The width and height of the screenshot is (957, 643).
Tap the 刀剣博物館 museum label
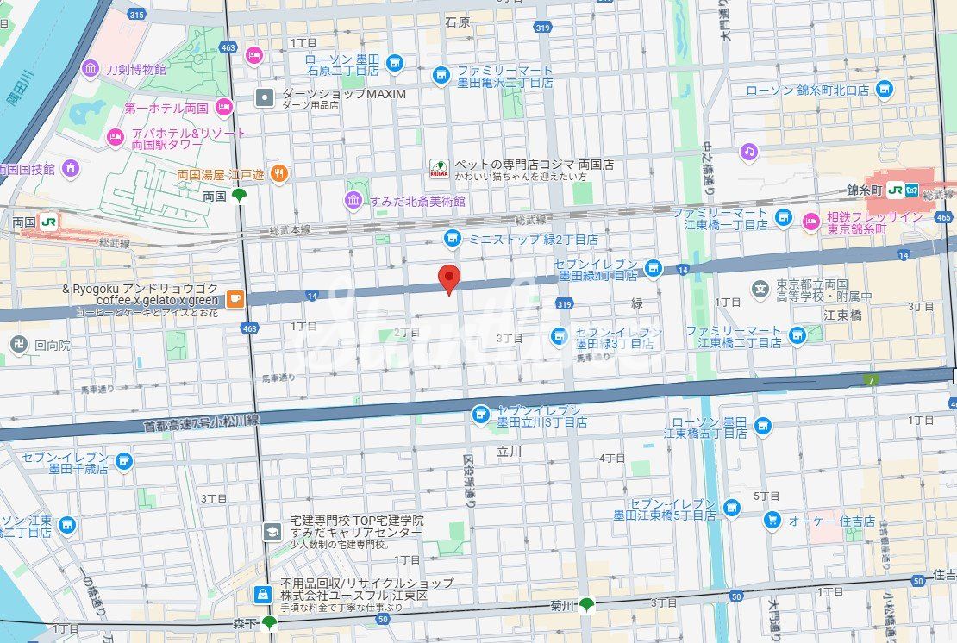point(135,69)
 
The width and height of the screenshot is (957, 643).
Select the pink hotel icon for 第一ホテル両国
point(224,108)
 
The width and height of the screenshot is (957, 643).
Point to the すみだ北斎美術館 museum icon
point(353,201)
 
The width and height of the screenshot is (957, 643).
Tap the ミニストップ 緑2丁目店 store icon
point(451,238)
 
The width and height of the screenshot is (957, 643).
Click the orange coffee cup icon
point(235,299)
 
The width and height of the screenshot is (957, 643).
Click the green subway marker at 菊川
point(587,604)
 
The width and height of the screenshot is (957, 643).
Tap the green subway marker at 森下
point(270,622)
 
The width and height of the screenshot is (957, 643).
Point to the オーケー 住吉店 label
point(832,521)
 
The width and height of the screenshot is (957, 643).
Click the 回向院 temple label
point(52,344)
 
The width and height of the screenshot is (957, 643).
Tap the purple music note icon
point(749,152)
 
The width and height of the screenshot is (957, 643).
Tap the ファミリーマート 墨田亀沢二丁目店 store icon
point(441,76)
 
